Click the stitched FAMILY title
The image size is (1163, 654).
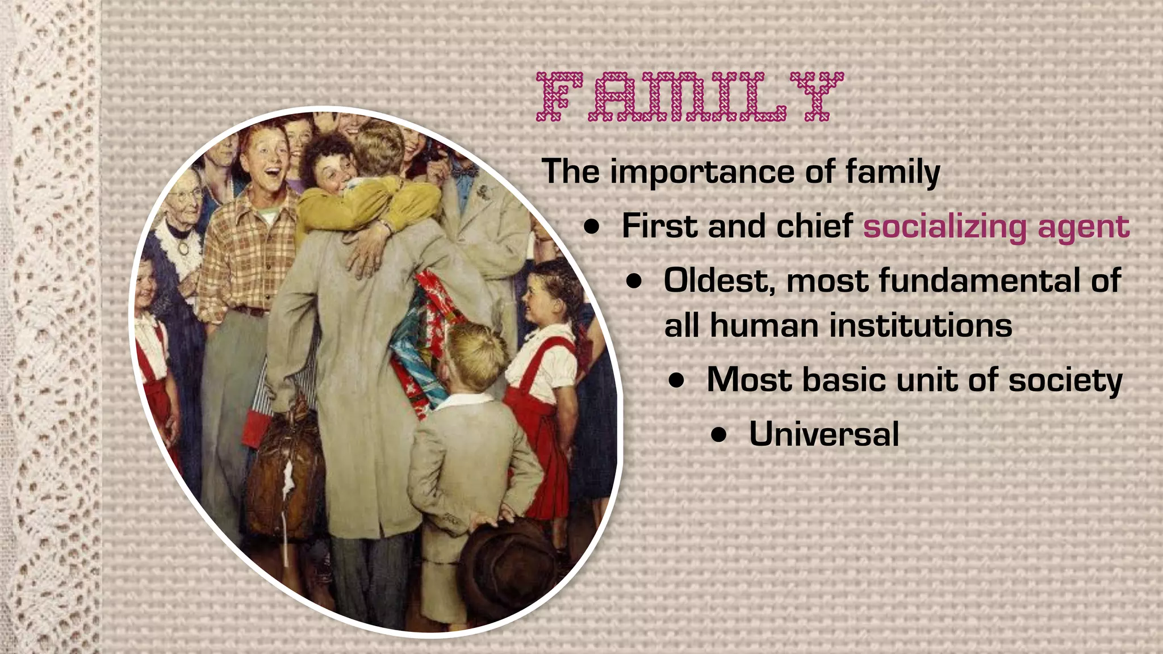pos(689,97)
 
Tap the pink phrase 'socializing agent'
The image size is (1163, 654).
pos(996,227)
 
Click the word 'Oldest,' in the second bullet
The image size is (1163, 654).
pos(718,282)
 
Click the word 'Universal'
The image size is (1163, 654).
pos(824,434)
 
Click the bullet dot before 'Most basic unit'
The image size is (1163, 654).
pos(676,381)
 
